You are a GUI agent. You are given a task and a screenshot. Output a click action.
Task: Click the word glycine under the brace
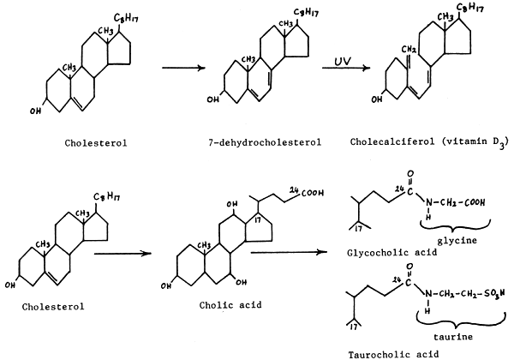(x=456, y=241)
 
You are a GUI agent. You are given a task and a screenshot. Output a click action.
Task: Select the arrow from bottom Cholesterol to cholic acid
(x=122, y=254)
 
